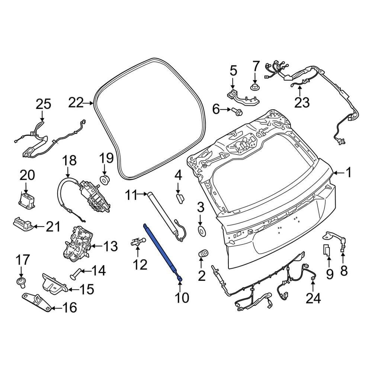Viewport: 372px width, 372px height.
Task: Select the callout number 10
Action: (180, 297)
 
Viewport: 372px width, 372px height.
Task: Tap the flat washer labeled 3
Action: (201, 231)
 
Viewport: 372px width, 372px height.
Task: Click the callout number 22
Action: (78, 103)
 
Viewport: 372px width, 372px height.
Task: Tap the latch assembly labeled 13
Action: (78, 244)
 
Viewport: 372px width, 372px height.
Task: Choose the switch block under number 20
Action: (26, 199)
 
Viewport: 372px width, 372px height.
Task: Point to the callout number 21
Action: (52, 226)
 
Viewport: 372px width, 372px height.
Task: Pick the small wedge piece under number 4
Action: (179, 197)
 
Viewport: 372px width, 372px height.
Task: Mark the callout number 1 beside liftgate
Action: (348, 173)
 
